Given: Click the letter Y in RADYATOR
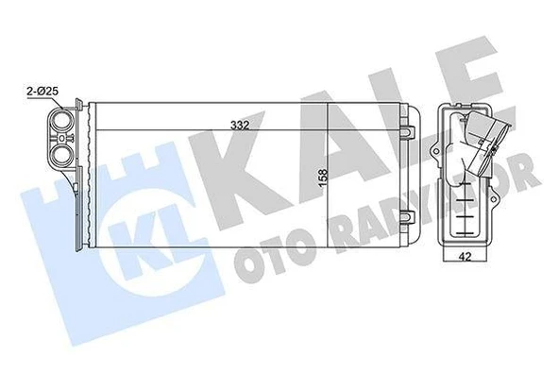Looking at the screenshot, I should [412, 188].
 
